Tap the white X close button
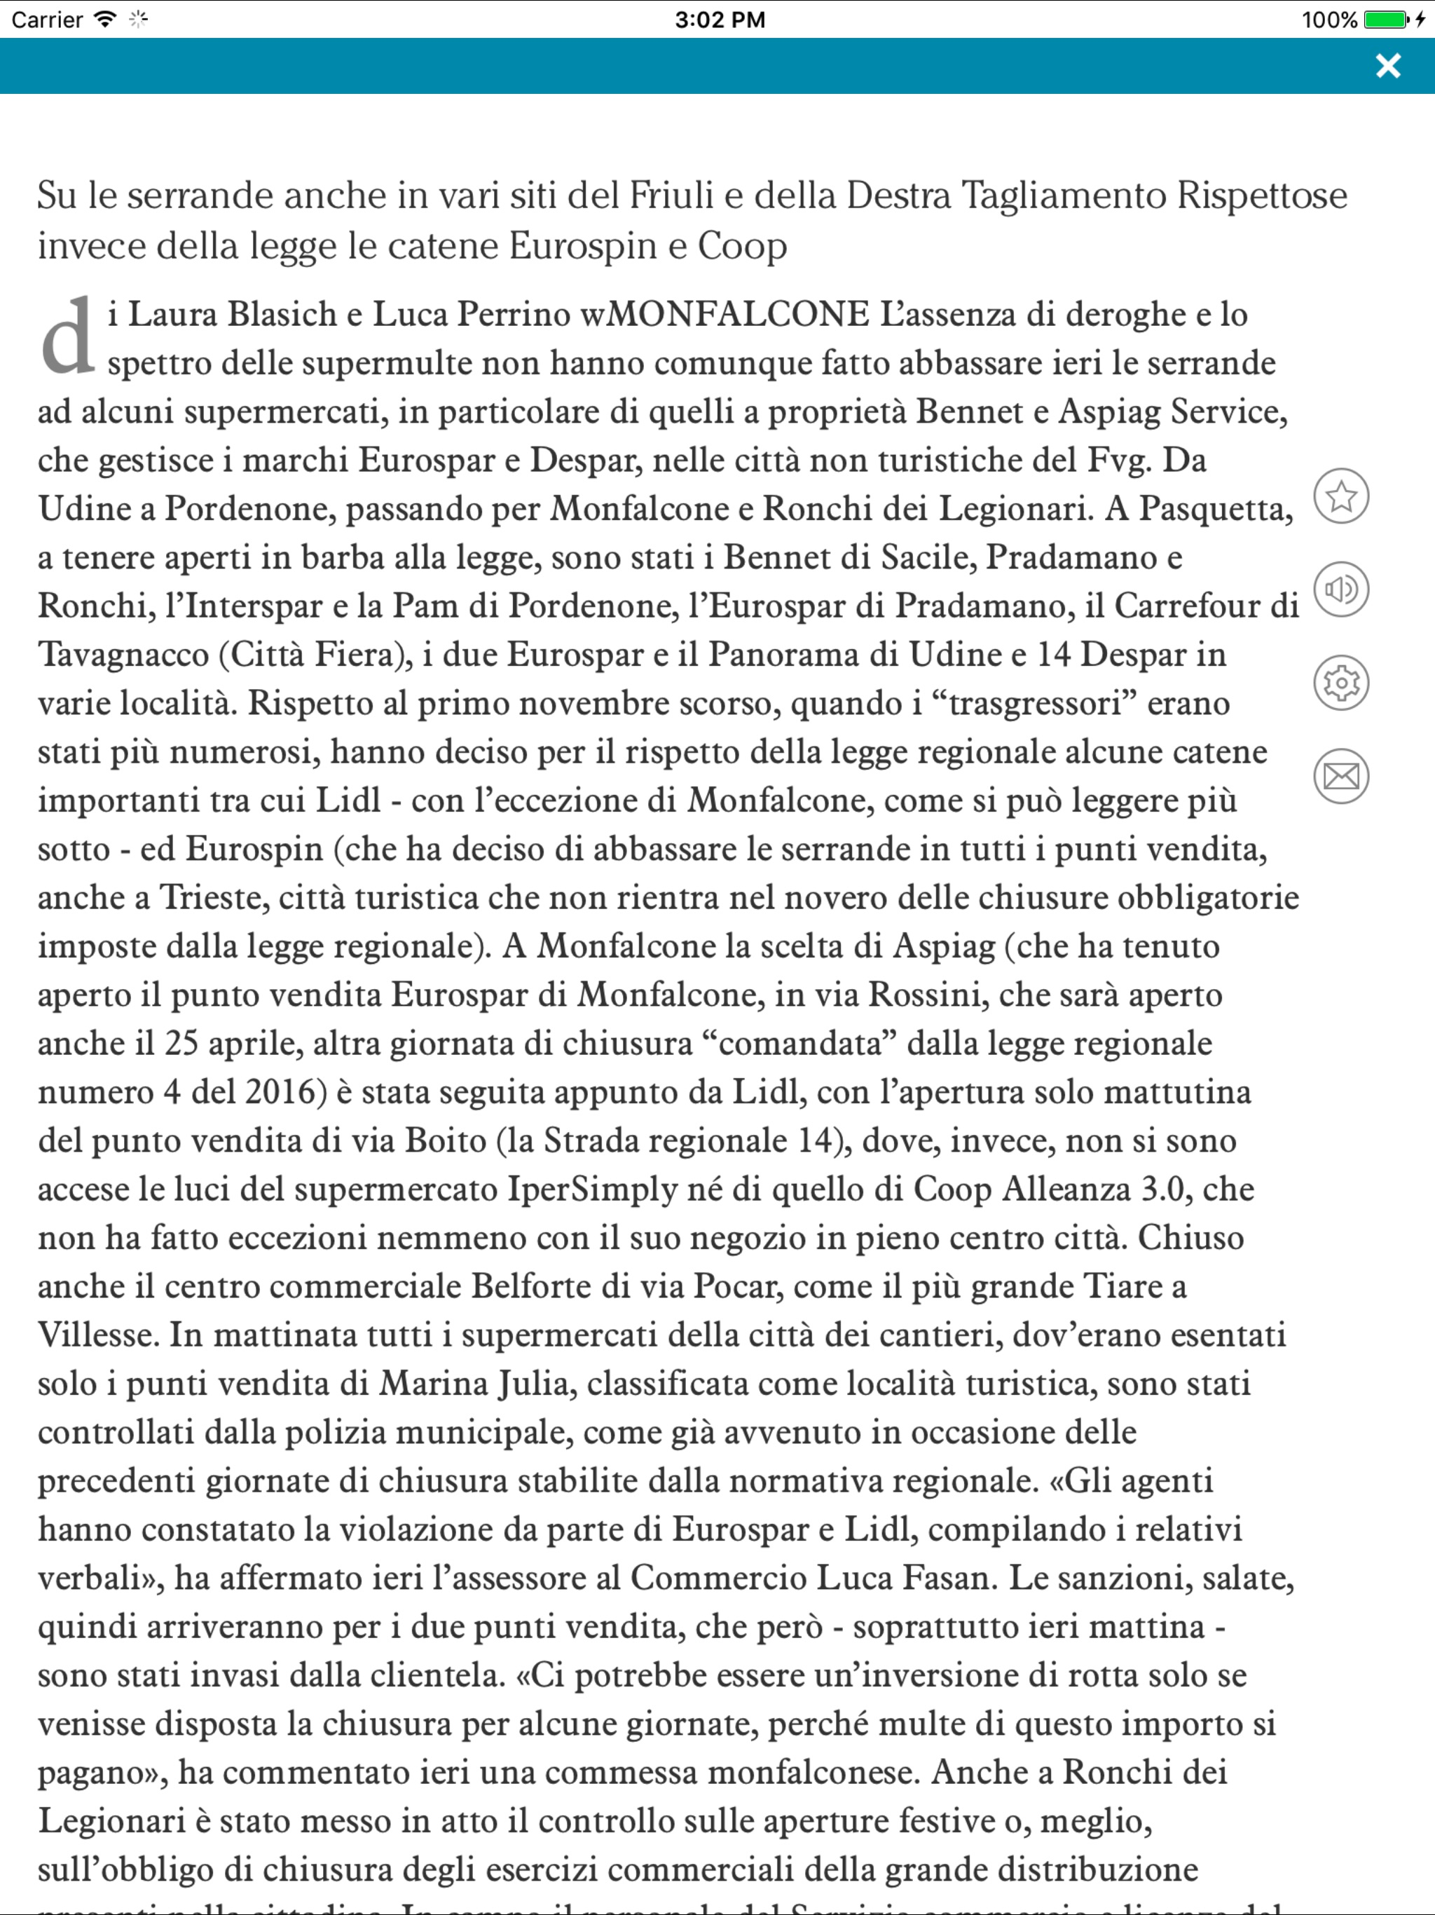coord(1387,66)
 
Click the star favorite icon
coord(1340,496)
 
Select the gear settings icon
coord(1340,683)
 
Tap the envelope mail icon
coord(1340,777)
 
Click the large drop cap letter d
coord(67,338)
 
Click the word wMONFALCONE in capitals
coord(725,314)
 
